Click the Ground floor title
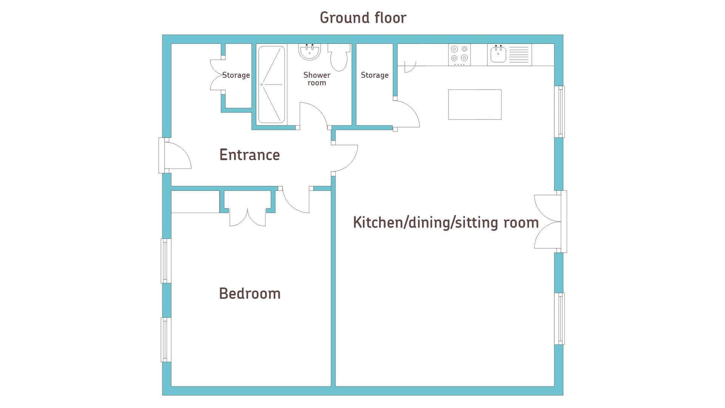pyautogui.click(x=362, y=18)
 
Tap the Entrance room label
pyautogui.click(x=249, y=155)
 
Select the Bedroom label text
pyautogui.click(x=250, y=294)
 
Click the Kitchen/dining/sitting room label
pyautogui.click(x=446, y=223)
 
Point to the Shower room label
pyautogui.click(x=316, y=79)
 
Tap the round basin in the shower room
pyautogui.click(x=310, y=52)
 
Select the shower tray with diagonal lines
pyautogui.click(x=271, y=85)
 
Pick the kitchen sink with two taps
pyautogui.click(x=498, y=54)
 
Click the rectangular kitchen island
pyautogui.click(x=475, y=105)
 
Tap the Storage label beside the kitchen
pyautogui.click(x=374, y=75)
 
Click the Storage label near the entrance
pyautogui.click(x=236, y=75)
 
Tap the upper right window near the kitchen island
pyautogui.click(x=560, y=111)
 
